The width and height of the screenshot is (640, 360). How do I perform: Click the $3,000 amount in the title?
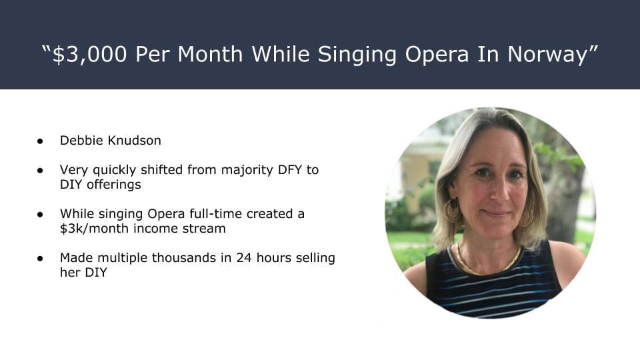pyautogui.click(x=90, y=55)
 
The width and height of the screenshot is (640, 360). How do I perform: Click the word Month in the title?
pyautogui.click(x=210, y=54)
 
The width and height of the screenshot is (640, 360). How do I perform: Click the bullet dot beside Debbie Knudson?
pyautogui.click(x=40, y=141)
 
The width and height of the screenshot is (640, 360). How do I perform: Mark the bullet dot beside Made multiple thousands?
pyautogui.click(x=40, y=259)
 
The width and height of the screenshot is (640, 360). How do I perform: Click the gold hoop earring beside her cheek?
pyautogui.click(x=452, y=211)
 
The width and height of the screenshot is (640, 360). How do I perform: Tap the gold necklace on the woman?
pyautogui.click(x=488, y=261)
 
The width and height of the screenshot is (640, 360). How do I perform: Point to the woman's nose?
pyautogui.click(x=497, y=189)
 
